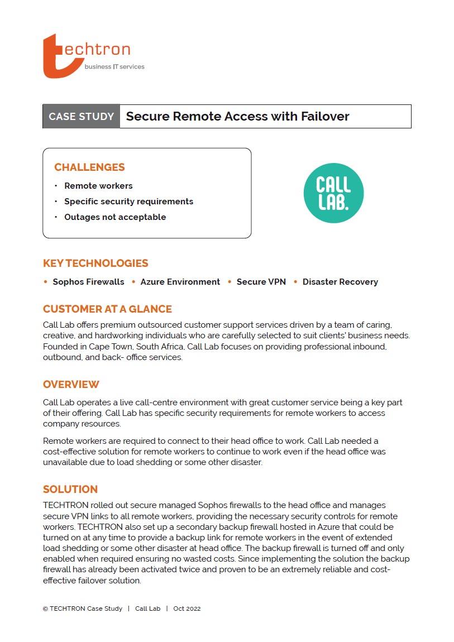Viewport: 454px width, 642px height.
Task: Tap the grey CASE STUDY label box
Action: (82, 117)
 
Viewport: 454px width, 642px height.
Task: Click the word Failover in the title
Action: (325, 117)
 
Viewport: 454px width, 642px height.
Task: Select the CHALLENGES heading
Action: (89, 167)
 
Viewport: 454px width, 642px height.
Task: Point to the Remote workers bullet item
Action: (98, 186)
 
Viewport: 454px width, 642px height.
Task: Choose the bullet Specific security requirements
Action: (128, 202)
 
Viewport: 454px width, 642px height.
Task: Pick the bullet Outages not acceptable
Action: (115, 217)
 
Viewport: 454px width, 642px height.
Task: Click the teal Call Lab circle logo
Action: (333, 193)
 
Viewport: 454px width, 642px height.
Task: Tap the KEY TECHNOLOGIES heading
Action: (95, 263)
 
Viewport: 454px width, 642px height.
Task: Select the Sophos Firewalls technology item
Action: (88, 282)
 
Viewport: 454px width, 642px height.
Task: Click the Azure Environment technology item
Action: (180, 282)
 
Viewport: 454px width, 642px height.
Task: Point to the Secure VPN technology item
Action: (261, 282)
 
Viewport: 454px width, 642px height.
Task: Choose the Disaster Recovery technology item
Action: (340, 282)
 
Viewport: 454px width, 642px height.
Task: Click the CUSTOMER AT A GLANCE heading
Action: (107, 309)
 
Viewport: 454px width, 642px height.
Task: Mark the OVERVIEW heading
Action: (71, 385)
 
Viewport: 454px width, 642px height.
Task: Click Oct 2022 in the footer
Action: (187, 609)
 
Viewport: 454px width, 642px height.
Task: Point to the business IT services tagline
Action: (114, 67)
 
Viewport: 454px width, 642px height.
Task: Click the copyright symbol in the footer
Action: (45, 609)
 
